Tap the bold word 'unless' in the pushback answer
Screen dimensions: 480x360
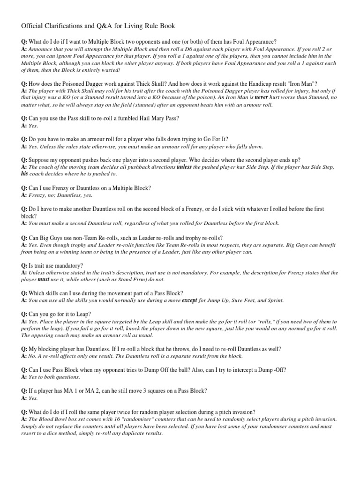click(x=184, y=166)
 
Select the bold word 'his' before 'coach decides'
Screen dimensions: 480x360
click(x=25, y=173)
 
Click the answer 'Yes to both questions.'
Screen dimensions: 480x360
click(x=54, y=377)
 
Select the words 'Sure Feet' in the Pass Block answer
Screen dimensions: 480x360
click(x=244, y=300)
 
